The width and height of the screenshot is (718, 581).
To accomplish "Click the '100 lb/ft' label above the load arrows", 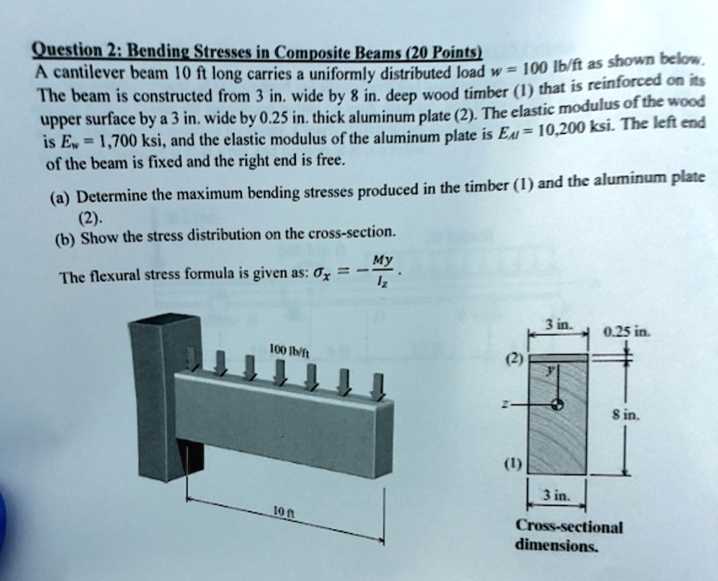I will click(286, 348).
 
